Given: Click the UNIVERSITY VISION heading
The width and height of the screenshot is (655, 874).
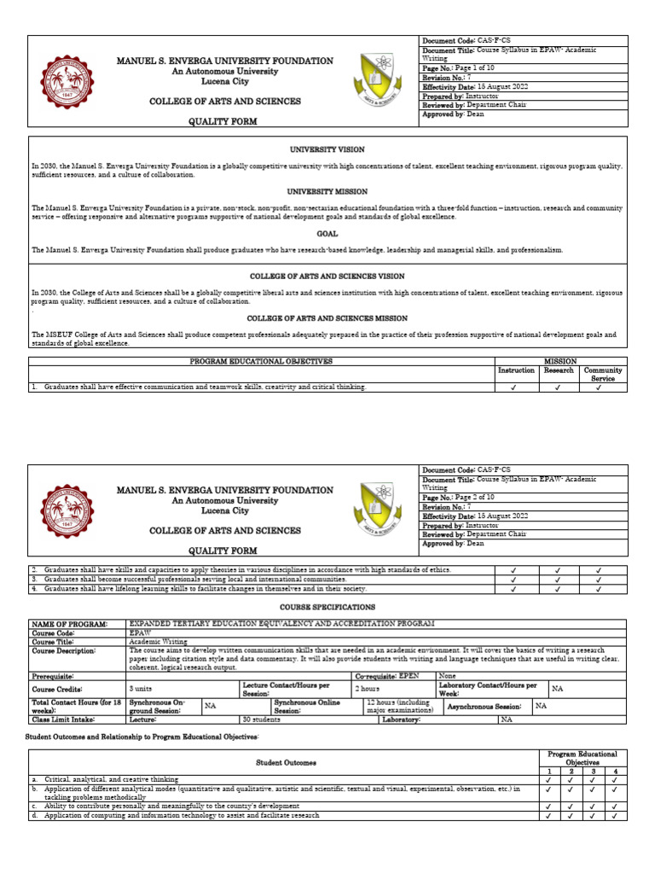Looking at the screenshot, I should (327, 148).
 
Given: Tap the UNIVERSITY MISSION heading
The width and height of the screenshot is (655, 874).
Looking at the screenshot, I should (327, 191).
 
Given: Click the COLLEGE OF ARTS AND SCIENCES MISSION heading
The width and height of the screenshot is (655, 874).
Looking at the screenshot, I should (327, 318).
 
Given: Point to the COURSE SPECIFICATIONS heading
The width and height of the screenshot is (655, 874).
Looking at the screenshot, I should (327, 607).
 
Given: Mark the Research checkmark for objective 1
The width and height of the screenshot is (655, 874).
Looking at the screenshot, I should (559, 387).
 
